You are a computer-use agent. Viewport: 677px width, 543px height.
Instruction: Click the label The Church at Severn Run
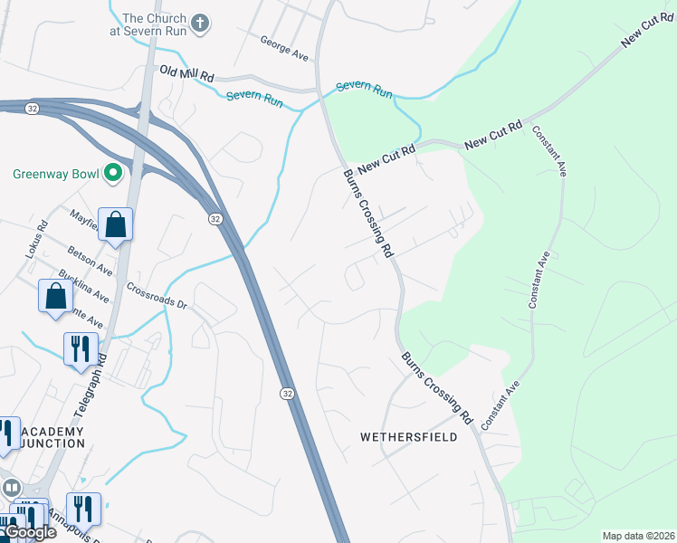click(x=153, y=24)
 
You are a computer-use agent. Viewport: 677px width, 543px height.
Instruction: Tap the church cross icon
click(x=200, y=21)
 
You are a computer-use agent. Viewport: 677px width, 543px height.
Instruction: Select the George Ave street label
click(x=284, y=49)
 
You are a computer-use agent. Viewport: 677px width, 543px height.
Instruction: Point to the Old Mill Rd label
click(x=186, y=74)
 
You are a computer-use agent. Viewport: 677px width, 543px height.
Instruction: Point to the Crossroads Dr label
click(x=156, y=297)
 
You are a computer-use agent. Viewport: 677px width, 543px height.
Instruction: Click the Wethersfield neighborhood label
click(x=408, y=437)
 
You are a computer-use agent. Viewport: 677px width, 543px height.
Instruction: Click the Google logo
click(x=29, y=532)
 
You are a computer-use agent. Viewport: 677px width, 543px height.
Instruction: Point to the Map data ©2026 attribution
click(x=638, y=536)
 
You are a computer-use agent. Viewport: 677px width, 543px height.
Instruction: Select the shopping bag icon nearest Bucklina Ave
click(x=56, y=295)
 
